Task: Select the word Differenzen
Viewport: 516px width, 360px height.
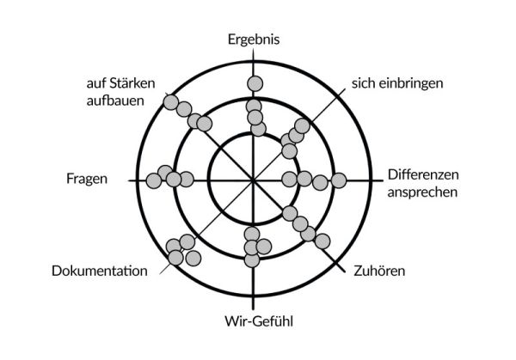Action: (x=423, y=174)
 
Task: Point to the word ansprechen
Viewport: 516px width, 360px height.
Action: (x=422, y=192)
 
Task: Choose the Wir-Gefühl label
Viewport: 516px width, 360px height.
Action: (x=254, y=323)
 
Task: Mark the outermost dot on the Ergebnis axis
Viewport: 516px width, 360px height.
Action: (x=254, y=83)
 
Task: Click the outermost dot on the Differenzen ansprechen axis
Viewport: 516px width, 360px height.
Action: (x=339, y=180)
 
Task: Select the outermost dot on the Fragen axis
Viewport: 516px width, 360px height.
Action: (x=154, y=180)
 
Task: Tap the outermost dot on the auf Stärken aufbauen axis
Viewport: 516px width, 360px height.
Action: (x=170, y=103)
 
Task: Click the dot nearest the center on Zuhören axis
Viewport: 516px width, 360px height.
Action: (x=290, y=213)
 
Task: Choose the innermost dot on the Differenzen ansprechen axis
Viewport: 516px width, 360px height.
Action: (x=289, y=179)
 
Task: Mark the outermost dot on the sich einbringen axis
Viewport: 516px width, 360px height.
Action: (x=302, y=125)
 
